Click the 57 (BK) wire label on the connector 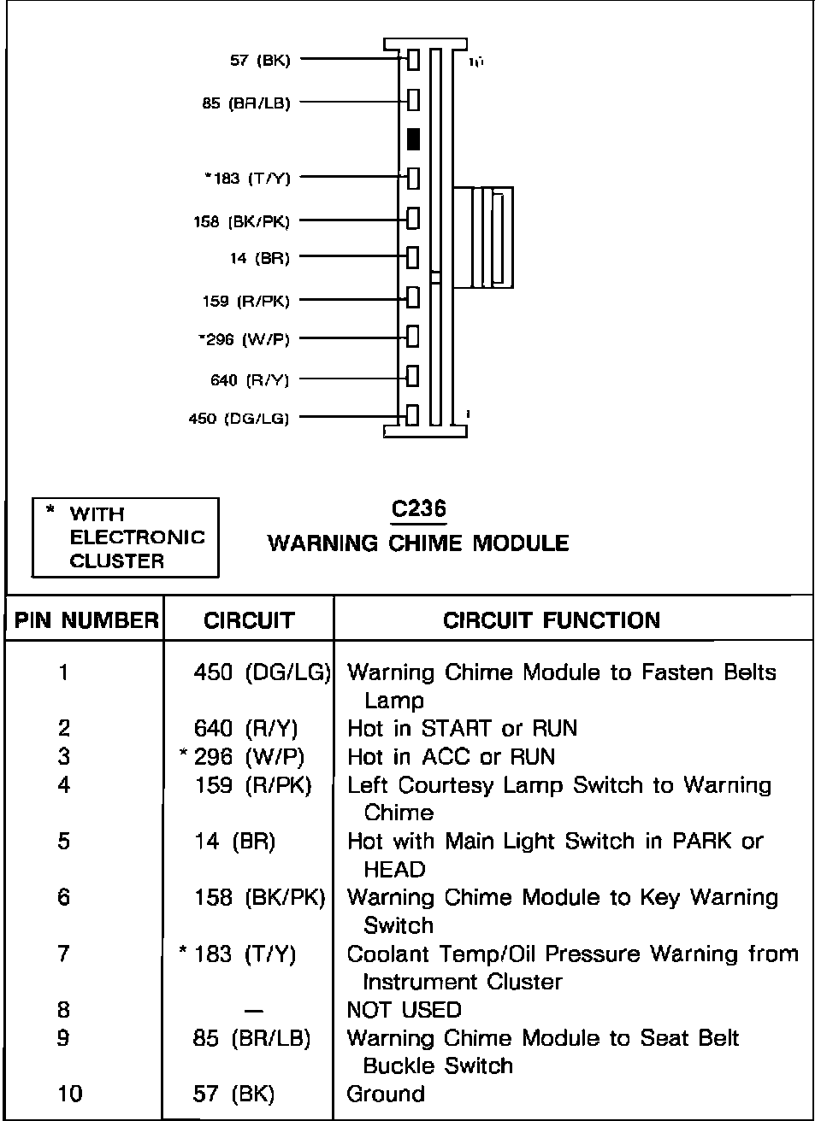pyautogui.click(x=260, y=61)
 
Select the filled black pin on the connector pyautogui.click(x=413, y=139)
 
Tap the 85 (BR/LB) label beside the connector pyautogui.click(x=246, y=103)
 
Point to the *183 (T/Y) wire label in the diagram pyautogui.click(x=248, y=179)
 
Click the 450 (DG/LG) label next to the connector pyautogui.click(x=239, y=419)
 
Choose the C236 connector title pyautogui.click(x=418, y=509)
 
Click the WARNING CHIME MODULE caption pyautogui.click(x=418, y=543)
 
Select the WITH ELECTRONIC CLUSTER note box pyautogui.click(x=126, y=537)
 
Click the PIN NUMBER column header pyautogui.click(x=86, y=621)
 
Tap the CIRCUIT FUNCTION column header pyautogui.click(x=552, y=621)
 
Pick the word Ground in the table pyautogui.click(x=386, y=1094)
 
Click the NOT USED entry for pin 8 pyautogui.click(x=404, y=1010)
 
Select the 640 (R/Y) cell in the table pyautogui.click(x=246, y=729)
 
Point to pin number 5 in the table pyautogui.click(x=64, y=842)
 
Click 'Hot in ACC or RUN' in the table pyautogui.click(x=451, y=757)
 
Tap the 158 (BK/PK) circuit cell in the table pyautogui.click(x=260, y=897)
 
